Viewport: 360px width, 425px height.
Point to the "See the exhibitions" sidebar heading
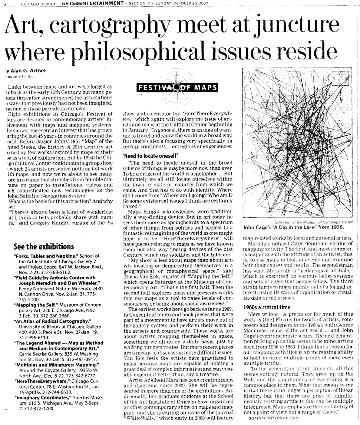click(x=44, y=247)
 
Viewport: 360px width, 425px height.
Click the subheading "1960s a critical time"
click(x=267, y=307)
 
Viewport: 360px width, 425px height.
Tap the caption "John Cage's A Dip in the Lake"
click(x=293, y=227)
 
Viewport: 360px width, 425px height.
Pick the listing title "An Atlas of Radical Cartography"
click(x=52, y=320)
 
